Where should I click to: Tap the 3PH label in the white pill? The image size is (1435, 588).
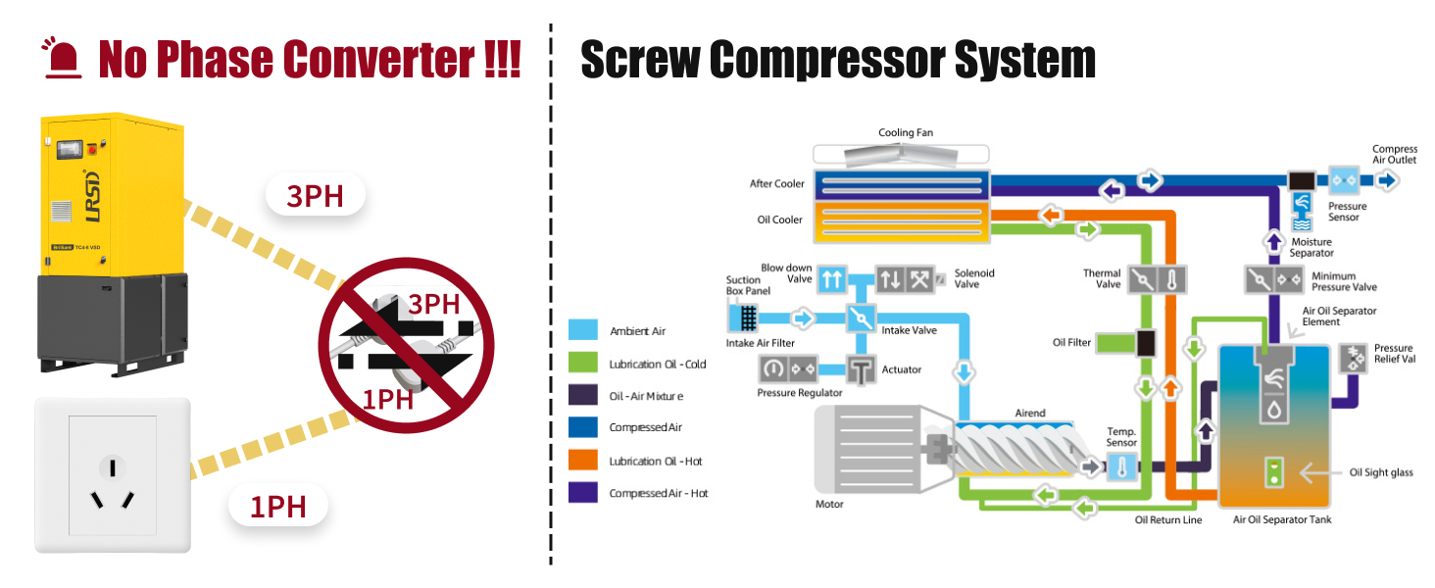tap(315, 196)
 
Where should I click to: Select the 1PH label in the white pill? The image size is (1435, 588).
tap(277, 507)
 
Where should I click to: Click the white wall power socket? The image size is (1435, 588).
tap(112, 474)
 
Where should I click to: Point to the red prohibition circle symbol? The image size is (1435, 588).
tap(406, 345)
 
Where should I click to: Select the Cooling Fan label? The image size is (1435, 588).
tap(905, 132)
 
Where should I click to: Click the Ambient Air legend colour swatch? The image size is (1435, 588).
tap(583, 331)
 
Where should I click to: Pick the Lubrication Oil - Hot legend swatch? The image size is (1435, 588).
tap(583, 461)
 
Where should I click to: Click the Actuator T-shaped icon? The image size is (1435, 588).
tap(862, 369)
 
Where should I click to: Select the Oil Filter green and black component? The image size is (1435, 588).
tap(1127, 343)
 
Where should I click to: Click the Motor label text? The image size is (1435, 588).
tap(829, 505)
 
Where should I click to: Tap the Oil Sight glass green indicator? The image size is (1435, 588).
tap(1273, 473)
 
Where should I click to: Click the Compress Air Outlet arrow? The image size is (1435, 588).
tap(1388, 181)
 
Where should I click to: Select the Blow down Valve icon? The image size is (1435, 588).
tap(832, 279)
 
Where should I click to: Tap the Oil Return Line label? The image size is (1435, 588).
tap(1167, 519)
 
